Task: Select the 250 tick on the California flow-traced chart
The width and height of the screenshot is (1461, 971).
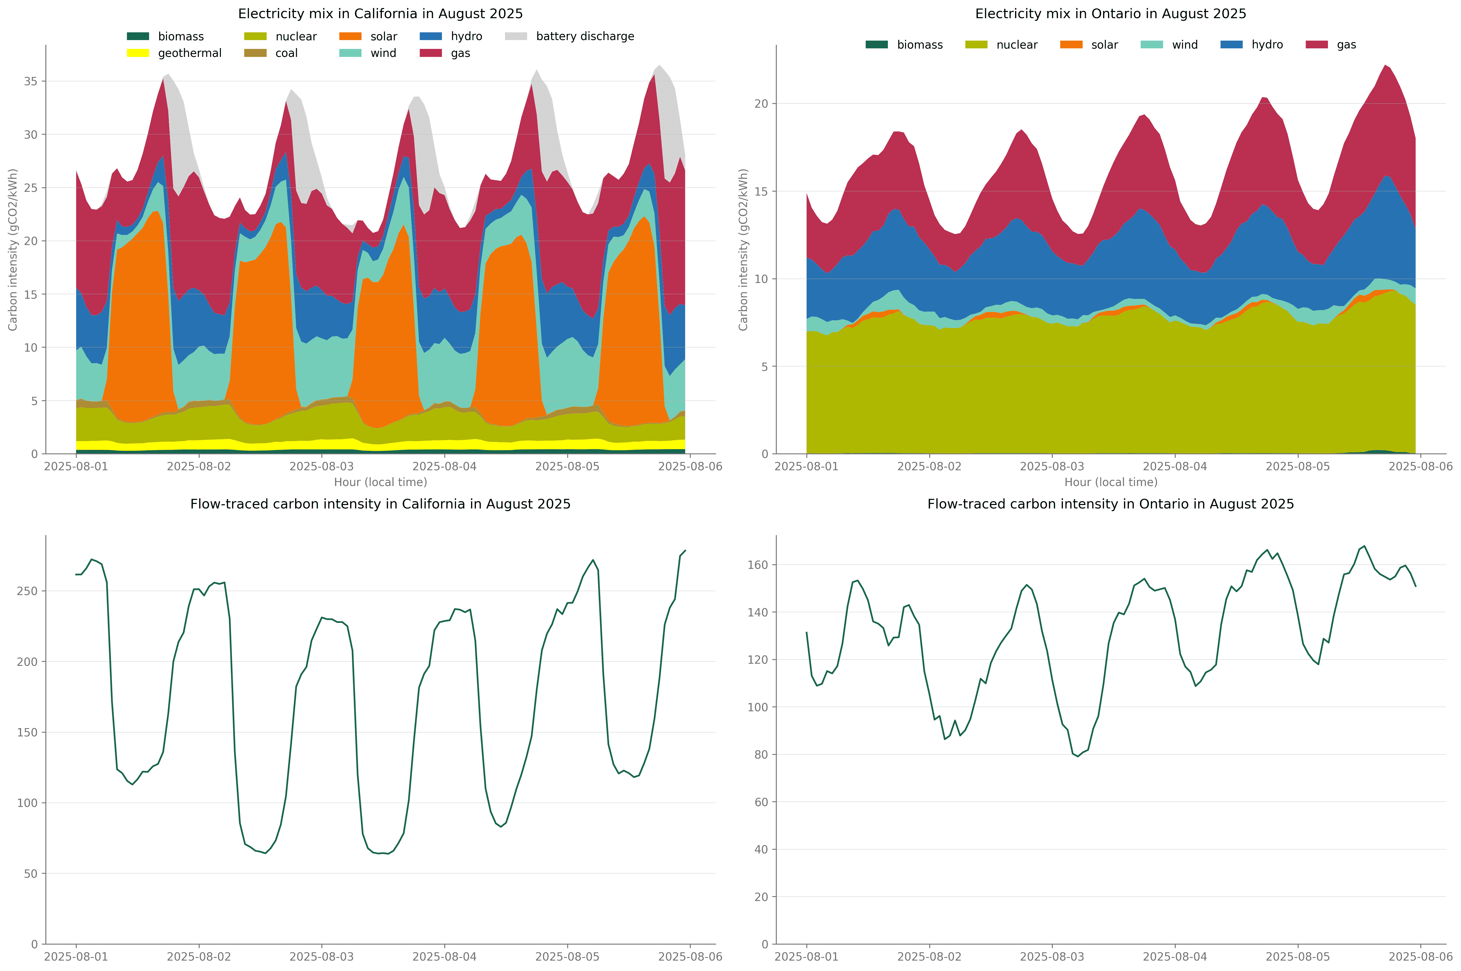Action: pos(27,591)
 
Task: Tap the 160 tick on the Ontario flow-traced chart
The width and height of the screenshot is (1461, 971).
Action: pos(758,565)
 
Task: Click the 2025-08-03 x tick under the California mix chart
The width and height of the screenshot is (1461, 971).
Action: pos(321,466)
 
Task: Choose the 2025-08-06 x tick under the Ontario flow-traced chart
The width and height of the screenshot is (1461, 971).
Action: pos(1420,957)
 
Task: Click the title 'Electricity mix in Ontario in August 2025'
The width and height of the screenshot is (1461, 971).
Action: pos(1111,14)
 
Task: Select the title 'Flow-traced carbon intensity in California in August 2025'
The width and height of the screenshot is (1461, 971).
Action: pos(380,504)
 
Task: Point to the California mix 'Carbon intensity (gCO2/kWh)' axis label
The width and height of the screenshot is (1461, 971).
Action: pos(13,250)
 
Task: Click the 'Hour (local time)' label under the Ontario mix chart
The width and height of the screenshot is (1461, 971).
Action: pos(1111,482)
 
